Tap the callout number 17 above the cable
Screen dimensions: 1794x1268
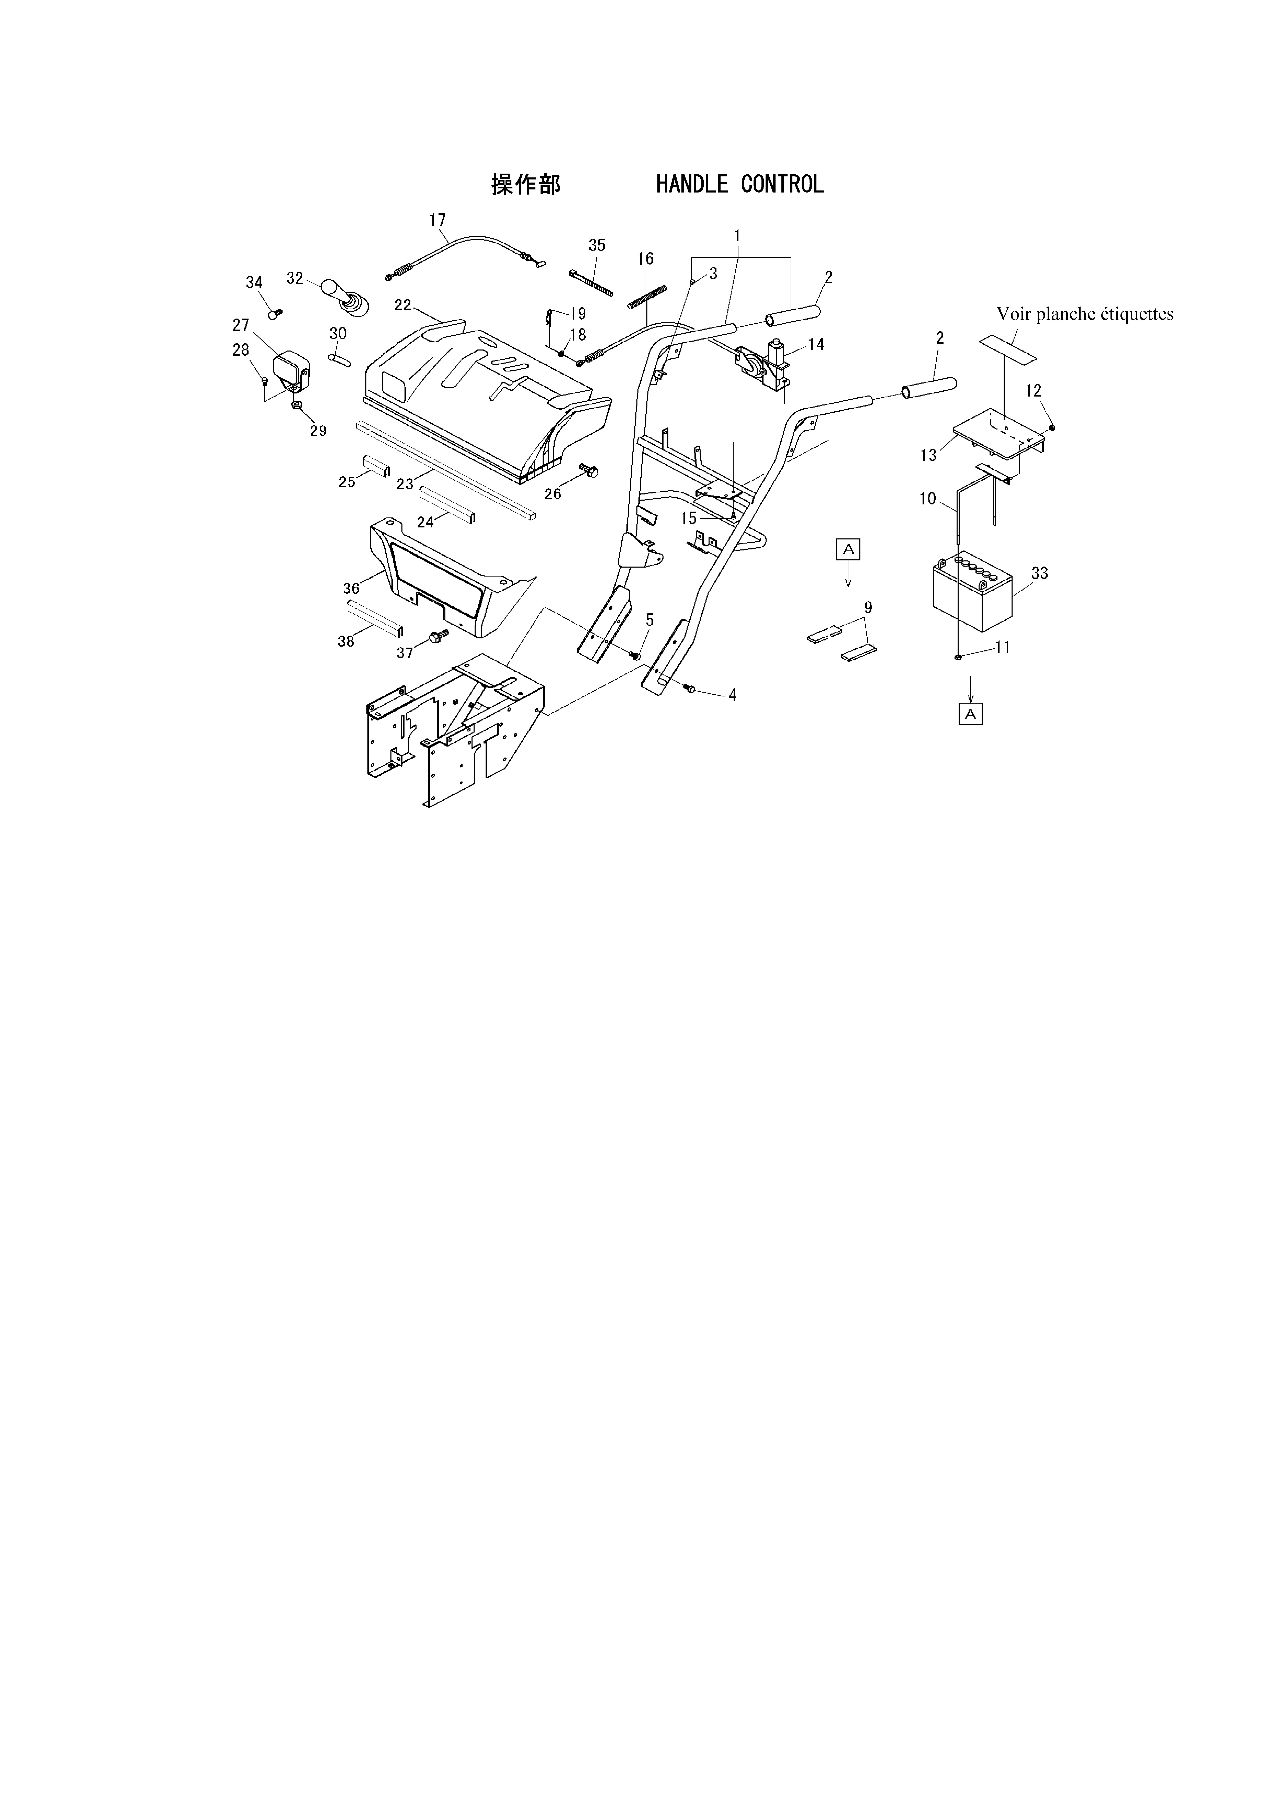click(437, 220)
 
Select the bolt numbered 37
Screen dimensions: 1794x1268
click(439, 637)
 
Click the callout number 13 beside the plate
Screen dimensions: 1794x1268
click(928, 456)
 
